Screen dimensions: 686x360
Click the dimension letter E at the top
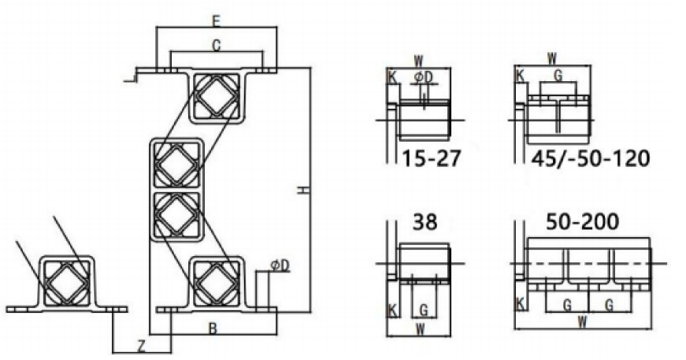click(x=216, y=21)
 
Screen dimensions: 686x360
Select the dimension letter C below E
click(x=216, y=45)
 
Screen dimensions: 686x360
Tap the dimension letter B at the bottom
click(x=213, y=328)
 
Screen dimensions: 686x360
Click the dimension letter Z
click(x=141, y=347)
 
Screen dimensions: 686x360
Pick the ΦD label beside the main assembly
click(x=280, y=265)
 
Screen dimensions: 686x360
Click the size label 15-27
click(x=431, y=158)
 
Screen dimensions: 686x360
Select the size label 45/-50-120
click(x=590, y=158)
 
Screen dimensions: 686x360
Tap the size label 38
click(x=425, y=222)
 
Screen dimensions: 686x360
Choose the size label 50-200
click(x=582, y=222)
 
